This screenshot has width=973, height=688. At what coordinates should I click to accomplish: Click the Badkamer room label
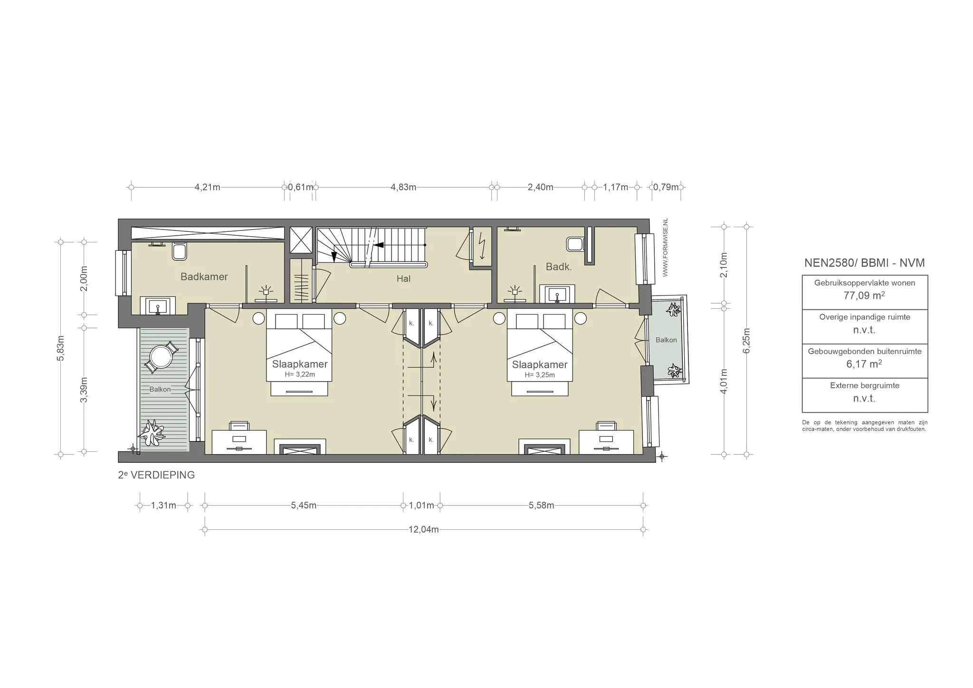[x=204, y=277]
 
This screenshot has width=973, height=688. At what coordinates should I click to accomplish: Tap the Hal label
[x=403, y=279]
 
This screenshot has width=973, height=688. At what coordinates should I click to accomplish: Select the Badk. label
[x=558, y=267]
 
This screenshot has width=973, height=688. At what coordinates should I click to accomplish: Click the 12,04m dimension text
[x=423, y=529]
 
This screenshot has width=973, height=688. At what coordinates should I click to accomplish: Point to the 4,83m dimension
[x=403, y=187]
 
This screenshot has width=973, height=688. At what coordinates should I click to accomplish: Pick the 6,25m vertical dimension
[x=746, y=341]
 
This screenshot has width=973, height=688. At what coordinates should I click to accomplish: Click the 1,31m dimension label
[x=163, y=505]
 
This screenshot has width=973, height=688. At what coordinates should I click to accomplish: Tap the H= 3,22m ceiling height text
[x=300, y=374]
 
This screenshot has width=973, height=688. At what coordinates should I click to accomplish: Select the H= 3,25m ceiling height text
[x=540, y=375]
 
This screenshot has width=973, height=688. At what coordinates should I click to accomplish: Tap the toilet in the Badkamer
[x=179, y=251]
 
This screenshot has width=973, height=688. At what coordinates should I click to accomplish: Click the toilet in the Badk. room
[x=575, y=244]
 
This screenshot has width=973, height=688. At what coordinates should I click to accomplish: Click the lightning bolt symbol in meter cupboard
[x=482, y=247]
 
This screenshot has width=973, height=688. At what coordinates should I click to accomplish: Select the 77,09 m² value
[x=864, y=296]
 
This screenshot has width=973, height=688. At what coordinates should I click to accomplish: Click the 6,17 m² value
[x=864, y=364]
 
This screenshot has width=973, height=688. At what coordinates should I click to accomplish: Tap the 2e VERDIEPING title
[x=156, y=475]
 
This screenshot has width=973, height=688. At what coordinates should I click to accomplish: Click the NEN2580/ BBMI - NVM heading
[x=864, y=263]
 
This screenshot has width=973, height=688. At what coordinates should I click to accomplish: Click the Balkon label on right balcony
[x=666, y=340]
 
